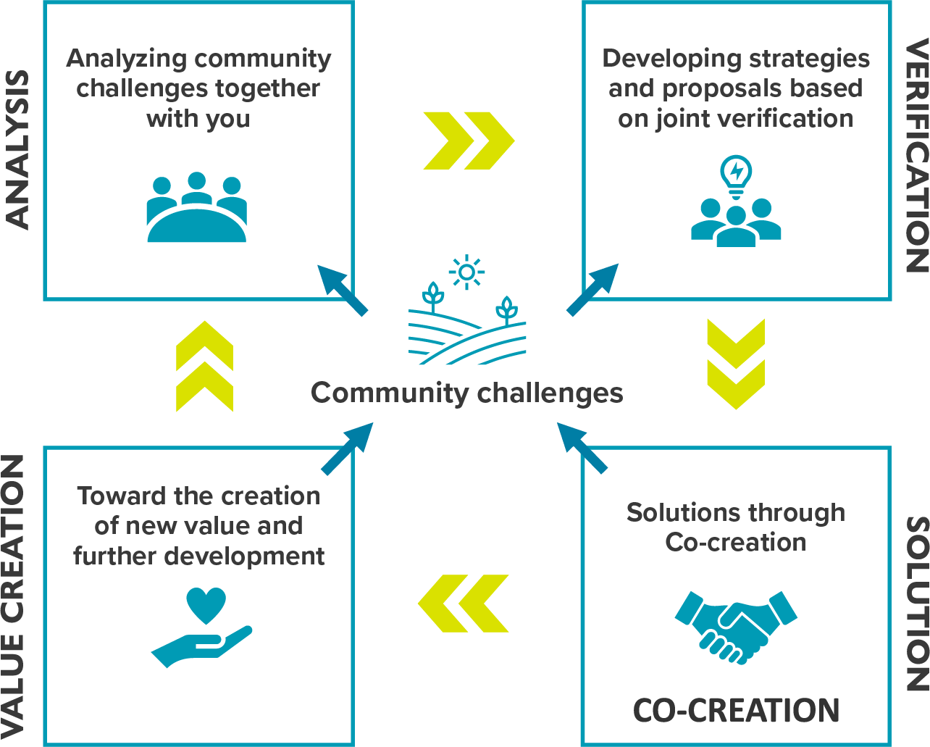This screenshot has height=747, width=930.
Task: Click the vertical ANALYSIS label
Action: pyautogui.click(x=17, y=150)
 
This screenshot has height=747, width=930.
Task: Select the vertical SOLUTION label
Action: pyautogui.click(x=916, y=603)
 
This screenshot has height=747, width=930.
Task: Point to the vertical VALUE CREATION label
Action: pyautogui.click(x=14, y=595)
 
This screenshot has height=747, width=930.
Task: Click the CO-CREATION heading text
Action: pyautogui.click(x=736, y=711)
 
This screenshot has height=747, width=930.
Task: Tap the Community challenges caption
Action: pyautogui.click(x=466, y=393)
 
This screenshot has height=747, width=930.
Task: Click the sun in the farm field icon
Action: pyautogui.click(x=466, y=272)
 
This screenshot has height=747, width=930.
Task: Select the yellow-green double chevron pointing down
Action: pyautogui.click(x=736, y=364)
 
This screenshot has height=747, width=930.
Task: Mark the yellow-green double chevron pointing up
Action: pyautogui.click(x=204, y=367)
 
